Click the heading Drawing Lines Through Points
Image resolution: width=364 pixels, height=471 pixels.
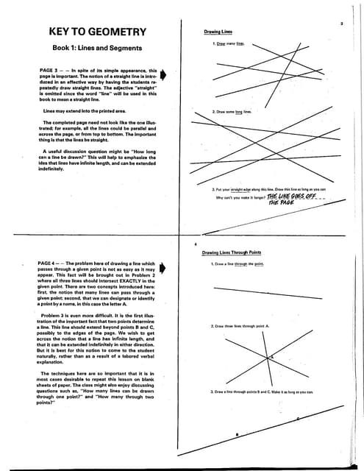click(x=232, y=252)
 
